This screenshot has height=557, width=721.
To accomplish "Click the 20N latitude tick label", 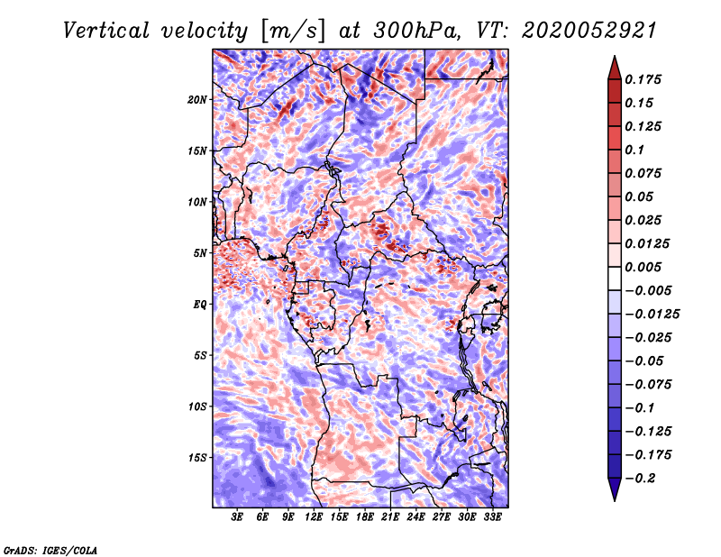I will [x=197, y=99].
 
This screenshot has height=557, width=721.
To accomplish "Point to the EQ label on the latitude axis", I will [x=200, y=305].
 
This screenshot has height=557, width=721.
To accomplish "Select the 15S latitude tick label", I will [x=197, y=458].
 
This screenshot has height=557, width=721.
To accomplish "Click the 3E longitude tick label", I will [x=238, y=517].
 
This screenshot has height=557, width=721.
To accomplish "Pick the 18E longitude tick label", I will [x=365, y=517].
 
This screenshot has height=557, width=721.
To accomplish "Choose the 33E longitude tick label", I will [x=492, y=517].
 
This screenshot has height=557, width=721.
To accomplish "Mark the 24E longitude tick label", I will [x=416, y=517].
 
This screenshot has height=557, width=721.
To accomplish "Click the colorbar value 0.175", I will [x=645, y=79].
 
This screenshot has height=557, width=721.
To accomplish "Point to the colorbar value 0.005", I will [x=645, y=267].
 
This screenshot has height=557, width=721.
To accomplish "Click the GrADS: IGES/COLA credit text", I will [x=50, y=548].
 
